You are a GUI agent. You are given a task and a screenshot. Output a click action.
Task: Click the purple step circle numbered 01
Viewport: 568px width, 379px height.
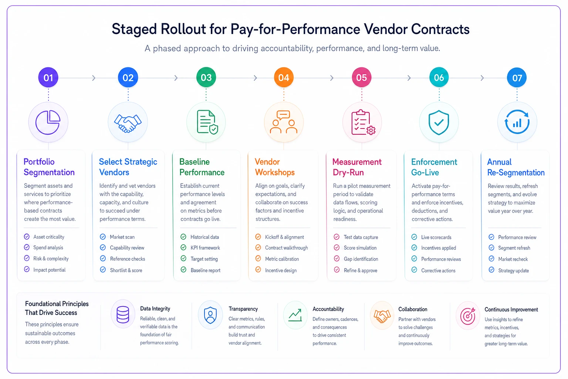coord(48,77)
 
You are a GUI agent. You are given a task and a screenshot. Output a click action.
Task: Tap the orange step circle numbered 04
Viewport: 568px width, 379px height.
coord(284,77)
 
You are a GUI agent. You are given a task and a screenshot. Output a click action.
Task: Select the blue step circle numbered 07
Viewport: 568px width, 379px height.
coord(517,77)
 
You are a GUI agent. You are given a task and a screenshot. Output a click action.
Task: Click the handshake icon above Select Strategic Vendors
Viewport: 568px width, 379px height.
coord(128,123)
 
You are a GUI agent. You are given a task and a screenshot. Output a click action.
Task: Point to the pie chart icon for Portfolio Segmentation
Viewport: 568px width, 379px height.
coord(48,123)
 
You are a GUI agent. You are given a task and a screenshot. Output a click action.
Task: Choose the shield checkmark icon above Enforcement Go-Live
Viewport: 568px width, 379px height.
coord(439,123)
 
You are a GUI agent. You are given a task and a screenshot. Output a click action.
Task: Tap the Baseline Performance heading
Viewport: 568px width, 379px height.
coord(202,167)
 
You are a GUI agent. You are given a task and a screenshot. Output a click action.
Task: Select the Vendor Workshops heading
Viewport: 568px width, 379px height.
coord(275,167)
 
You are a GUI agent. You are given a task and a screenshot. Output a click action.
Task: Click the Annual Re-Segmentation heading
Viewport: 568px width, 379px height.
coord(516,167)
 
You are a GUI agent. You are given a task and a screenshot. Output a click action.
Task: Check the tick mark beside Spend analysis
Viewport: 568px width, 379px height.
coord(27,247)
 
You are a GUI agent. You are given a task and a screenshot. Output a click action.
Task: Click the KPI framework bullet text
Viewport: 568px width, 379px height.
coord(205,248)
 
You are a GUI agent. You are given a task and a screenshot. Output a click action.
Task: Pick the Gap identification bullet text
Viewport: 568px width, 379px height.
coord(361,259)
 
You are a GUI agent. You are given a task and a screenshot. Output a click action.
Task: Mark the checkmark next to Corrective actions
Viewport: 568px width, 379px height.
coord(414,270)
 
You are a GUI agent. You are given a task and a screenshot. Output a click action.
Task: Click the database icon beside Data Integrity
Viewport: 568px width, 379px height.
coord(123,315)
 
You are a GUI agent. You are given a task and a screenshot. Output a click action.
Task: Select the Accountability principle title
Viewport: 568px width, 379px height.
coord(328,309)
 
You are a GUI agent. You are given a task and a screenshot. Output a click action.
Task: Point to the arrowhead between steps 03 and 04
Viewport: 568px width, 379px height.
coord(256,78)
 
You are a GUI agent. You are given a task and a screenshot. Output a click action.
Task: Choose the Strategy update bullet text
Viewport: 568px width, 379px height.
coord(514,271)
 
